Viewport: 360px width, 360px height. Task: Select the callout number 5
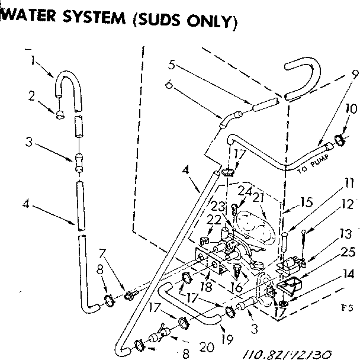(x=172, y=64)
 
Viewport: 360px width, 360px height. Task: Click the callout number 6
(x=169, y=84)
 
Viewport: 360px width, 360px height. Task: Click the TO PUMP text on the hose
(x=311, y=166)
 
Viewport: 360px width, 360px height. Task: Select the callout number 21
(x=258, y=197)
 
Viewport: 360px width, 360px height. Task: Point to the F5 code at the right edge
(x=348, y=307)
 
